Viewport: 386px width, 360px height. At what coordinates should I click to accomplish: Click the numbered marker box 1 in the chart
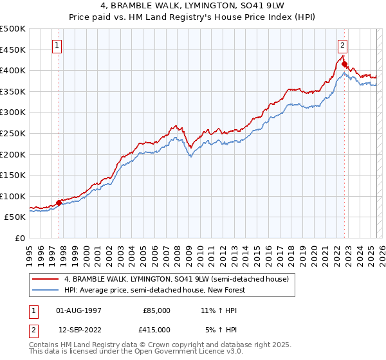coord(58,46)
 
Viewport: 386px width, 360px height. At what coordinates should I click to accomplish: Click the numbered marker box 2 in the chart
coord(342,46)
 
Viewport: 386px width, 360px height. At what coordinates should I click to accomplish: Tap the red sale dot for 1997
coord(59,203)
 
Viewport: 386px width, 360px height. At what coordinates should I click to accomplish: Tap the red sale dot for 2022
coord(344,64)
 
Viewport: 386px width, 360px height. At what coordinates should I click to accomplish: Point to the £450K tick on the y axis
coord(13,50)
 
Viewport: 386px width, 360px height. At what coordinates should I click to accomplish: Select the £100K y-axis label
coord(13,196)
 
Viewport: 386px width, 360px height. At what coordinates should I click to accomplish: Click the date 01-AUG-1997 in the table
coord(78,310)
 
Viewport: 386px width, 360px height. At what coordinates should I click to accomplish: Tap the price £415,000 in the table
coord(156,329)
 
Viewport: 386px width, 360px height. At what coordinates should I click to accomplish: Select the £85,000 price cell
coord(156,310)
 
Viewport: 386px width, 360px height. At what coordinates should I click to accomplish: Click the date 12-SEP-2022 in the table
coord(78,329)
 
